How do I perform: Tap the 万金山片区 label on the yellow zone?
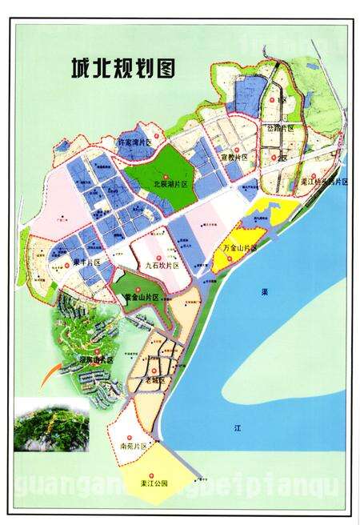pyautogui.click(x=241, y=249)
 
